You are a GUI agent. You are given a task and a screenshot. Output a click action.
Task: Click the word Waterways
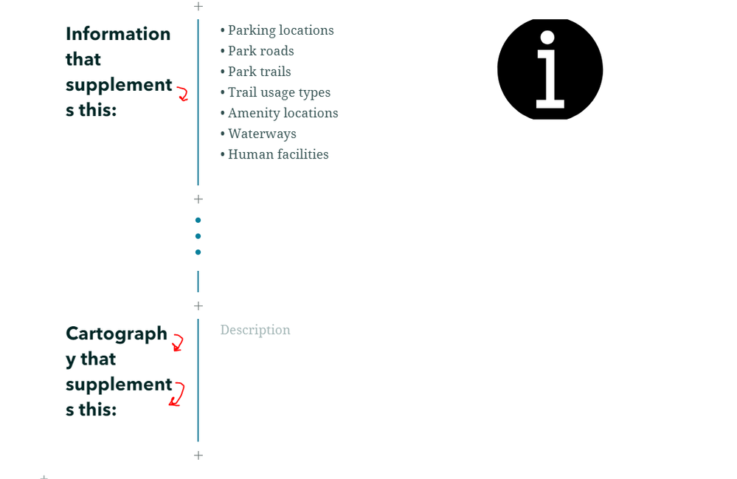pyautogui.click(x=263, y=134)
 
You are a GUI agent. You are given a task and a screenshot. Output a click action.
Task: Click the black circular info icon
pyautogui.click(x=550, y=69)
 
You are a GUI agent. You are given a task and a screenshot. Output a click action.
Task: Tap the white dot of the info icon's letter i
pyautogui.click(x=547, y=38)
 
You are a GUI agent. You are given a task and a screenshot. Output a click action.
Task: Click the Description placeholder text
pyautogui.click(x=255, y=330)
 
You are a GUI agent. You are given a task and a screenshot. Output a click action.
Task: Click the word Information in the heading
pyautogui.click(x=118, y=34)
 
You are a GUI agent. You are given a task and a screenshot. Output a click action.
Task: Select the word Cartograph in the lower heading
pyautogui.click(x=117, y=334)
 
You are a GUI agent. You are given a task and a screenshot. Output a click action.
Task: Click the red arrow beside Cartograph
pyautogui.click(x=178, y=342)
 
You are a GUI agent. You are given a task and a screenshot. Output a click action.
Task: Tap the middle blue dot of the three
pyautogui.click(x=198, y=236)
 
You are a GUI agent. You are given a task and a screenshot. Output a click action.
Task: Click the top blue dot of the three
pyautogui.click(x=198, y=220)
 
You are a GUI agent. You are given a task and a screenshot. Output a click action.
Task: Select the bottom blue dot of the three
pyautogui.click(x=198, y=252)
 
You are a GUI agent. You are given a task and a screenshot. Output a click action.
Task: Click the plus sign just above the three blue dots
pyautogui.click(x=198, y=199)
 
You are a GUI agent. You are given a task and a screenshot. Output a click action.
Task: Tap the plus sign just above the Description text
pyautogui.click(x=198, y=306)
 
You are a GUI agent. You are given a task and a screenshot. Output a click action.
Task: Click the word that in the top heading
pyautogui.click(x=83, y=59)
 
